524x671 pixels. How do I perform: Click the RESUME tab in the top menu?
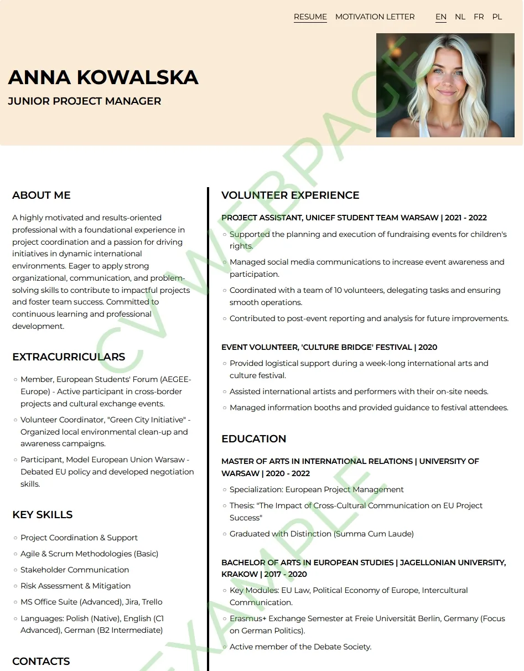(x=310, y=17)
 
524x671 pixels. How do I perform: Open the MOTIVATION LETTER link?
(x=375, y=17)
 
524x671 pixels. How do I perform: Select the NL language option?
(x=460, y=17)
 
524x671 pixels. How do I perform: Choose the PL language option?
(x=497, y=17)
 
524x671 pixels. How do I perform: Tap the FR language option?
(x=479, y=17)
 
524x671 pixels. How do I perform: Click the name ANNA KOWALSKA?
(x=103, y=78)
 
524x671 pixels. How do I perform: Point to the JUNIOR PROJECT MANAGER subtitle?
(x=85, y=101)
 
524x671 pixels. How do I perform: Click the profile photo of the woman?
(x=445, y=85)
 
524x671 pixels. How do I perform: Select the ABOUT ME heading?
(x=41, y=195)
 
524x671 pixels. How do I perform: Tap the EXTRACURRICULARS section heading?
(x=69, y=357)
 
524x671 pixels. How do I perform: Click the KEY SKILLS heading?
(x=43, y=514)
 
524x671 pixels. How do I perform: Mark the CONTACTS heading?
(x=41, y=661)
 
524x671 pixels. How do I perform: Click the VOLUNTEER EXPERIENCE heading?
(x=290, y=195)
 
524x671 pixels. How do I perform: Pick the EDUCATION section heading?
(x=253, y=438)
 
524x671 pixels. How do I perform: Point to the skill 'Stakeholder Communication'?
(x=75, y=570)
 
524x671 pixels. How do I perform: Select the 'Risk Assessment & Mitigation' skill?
(x=76, y=586)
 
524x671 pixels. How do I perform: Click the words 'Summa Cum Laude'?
(x=373, y=534)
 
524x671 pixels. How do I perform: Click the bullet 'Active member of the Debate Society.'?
(x=300, y=647)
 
